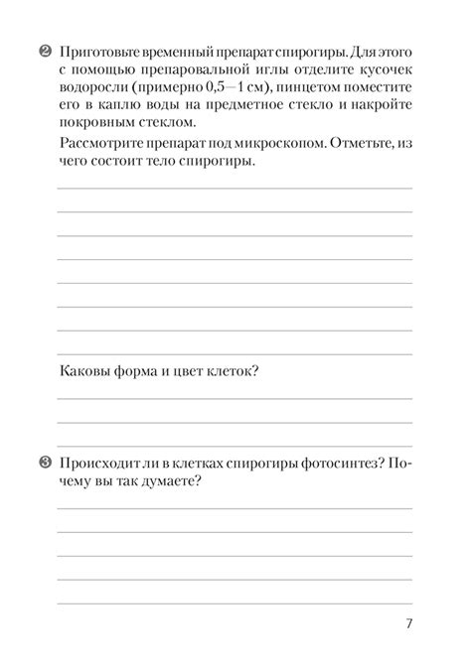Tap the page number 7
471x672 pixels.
[408, 623]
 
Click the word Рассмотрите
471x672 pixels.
[99, 145]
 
